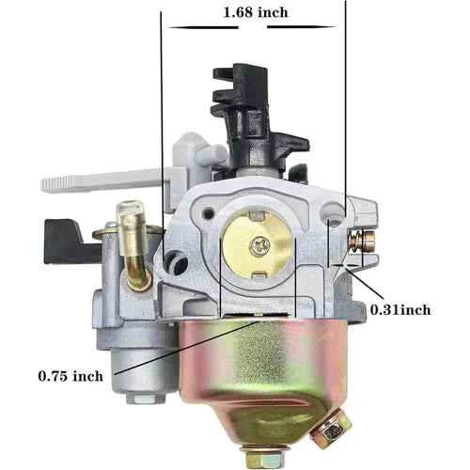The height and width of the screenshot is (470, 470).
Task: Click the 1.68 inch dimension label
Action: pyautogui.click(x=256, y=12)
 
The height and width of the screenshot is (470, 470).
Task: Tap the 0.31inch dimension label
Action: pyautogui.click(x=400, y=310)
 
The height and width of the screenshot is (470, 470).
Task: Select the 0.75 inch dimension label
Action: pyautogui.click(x=70, y=376)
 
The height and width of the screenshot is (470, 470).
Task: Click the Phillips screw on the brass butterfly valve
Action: pyautogui.click(x=260, y=245)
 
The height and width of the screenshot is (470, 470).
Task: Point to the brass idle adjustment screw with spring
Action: pyautogui.click(x=362, y=241)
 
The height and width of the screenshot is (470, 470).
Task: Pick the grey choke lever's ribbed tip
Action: pyautogui.click(x=58, y=184)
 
